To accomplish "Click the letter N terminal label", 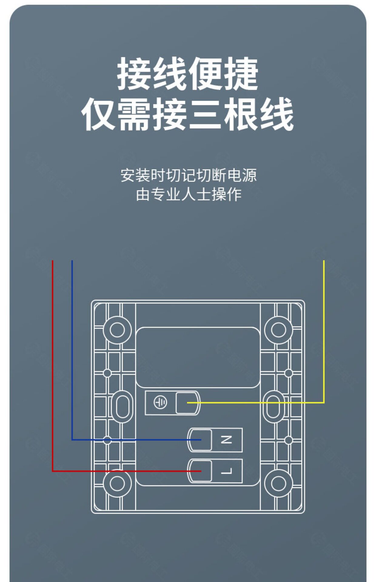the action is [226, 440].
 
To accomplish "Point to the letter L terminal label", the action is [226, 471].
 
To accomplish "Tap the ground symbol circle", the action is [160, 403].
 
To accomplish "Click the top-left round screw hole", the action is [117, 330].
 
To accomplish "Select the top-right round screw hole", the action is [278, 330].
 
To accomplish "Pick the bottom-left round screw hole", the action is [117, 483].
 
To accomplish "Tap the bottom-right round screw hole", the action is [278, 483].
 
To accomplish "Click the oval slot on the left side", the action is [123, 407].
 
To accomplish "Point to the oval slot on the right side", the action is [273, 407].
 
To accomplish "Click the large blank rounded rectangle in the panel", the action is [198, 357].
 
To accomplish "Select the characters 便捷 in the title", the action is [223, 74].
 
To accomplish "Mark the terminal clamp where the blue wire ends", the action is [200, 440].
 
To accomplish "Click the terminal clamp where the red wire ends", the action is [200, 471].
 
